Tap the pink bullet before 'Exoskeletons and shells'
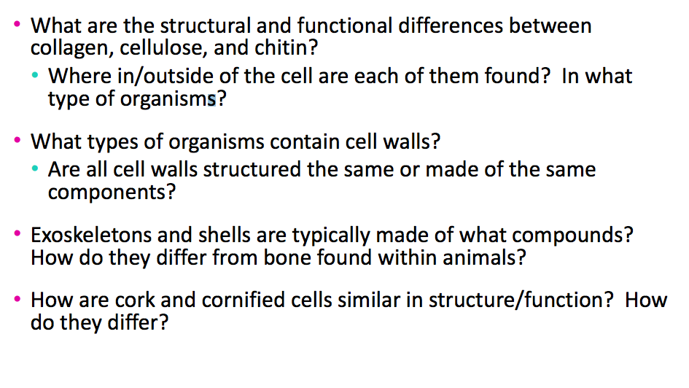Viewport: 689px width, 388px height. point(18,236)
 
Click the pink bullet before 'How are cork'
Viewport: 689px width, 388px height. point(18,300)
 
